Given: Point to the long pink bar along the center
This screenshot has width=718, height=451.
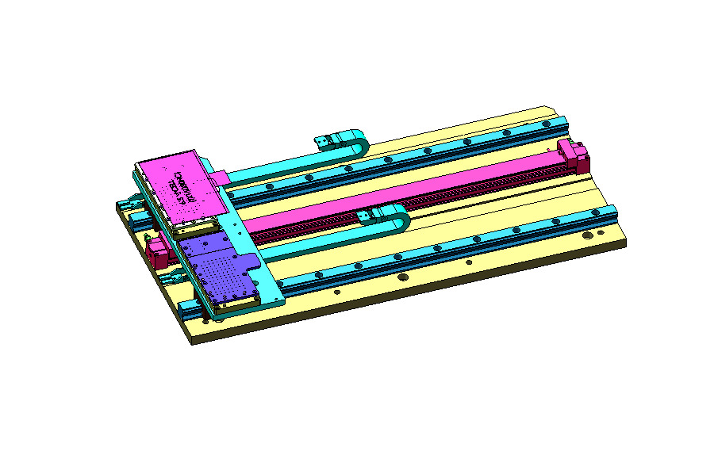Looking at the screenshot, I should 397,195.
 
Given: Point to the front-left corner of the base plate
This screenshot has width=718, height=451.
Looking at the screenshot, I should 193,342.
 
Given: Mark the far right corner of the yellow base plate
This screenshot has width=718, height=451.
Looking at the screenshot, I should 625,243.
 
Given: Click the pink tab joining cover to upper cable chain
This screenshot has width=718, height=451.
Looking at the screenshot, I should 221,174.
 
